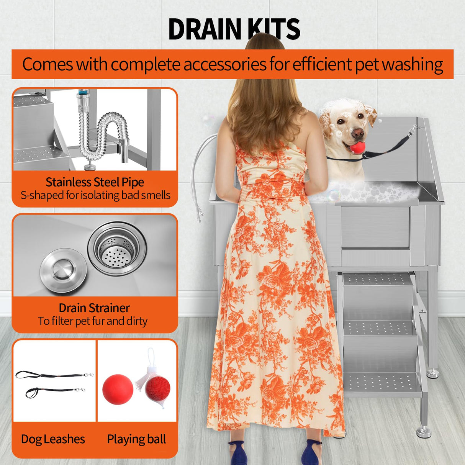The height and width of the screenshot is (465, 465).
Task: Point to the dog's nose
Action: coord(358,133)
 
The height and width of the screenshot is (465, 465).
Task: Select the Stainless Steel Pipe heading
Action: coord(95,182)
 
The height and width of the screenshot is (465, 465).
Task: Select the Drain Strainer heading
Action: coord(94,308)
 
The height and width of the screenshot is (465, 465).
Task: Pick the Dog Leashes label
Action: coord(53,439)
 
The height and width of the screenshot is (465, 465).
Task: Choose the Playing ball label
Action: coord(136,439)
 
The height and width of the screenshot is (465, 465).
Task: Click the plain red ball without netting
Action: coord(118,389)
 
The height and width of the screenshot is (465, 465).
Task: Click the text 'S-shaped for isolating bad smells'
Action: coord(95,195)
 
